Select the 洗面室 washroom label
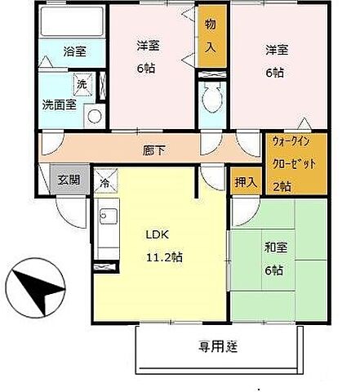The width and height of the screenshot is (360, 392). (60, 105)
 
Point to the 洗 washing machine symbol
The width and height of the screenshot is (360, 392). (82, 84)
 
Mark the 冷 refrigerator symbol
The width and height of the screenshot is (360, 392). (104, 184)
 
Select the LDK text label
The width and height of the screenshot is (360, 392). (158, 234)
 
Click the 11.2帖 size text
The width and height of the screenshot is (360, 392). (163, 256)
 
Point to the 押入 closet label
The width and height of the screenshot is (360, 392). (246, 181)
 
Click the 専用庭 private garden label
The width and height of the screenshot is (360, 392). (217, 346)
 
